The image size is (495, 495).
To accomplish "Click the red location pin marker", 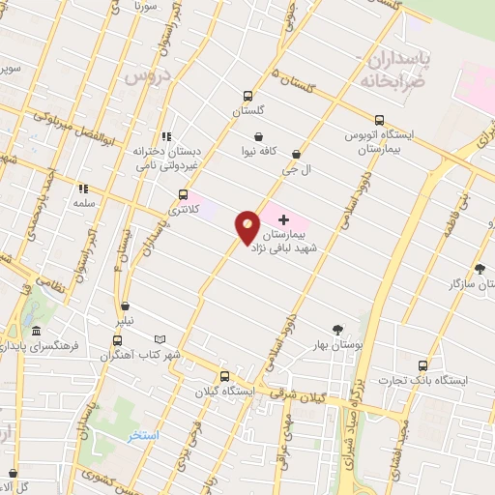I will pyautogui.click(x=248, y=227).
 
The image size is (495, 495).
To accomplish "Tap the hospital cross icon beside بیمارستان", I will pyautogui.click(x=283, y=220).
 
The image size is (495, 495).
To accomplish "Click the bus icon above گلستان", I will pyautogui.click(x=248, y=96).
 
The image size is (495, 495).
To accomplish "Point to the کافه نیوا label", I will pyautogui.click(x=260, y=152).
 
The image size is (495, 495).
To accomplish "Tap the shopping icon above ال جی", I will pyautogui.click(x=296, y=153).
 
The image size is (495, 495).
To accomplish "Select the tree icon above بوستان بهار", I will pyautogui.click(x=336, y=330).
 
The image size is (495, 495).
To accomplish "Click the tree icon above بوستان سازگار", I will pyautogui.click(x=480, y=269).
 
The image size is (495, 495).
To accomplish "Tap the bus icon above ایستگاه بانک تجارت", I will pyautogui.click(x=422, y=365).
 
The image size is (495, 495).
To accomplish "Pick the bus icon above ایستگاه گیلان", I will pyautogui.click(x=224, y=377).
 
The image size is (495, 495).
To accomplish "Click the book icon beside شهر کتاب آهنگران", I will pyautogui.click(x=160, y=340).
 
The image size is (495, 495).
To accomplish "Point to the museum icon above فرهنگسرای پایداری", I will pyautogui.click(x=36, y=332).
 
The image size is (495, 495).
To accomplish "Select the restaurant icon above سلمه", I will pyautogui.click(x=83, y=189).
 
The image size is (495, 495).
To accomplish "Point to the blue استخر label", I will pyautogui.click(x=143, y=436).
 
